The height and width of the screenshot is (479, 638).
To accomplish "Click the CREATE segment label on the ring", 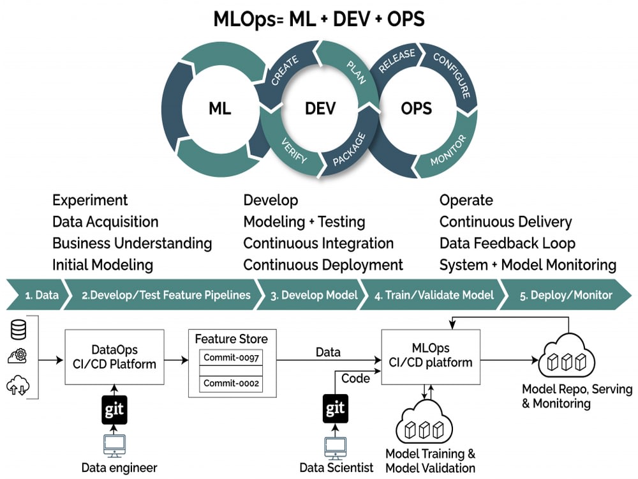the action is (x=285, y=70).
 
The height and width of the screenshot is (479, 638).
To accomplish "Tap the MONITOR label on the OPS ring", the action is (x=448, y=150).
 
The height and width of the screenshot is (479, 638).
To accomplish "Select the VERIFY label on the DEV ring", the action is (x=293, y=150).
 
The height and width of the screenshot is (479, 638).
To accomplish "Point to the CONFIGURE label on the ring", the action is (x=452, y=75).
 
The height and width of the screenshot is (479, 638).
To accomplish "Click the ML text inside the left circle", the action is (x=219, y=109).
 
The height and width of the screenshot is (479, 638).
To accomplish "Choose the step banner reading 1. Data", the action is (x=36, y=294).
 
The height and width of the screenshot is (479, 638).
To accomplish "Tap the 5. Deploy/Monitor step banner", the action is (x=565, y=294).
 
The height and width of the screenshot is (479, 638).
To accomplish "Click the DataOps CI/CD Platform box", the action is (x=114, y=357).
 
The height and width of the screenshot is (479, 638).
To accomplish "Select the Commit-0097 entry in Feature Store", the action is (x=231, y=358).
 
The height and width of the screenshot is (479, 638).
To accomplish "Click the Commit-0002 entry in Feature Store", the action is (x=231, y=383).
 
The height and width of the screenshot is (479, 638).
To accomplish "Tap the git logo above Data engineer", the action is (x=114, y=409).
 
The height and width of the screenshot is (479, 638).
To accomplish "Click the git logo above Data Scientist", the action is (x=336, y=408).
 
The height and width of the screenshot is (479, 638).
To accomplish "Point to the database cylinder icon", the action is (x=19, y=330).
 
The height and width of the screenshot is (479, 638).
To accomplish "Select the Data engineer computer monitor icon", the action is (x=114, y=446).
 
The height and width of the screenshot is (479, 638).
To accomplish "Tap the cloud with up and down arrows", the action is (x=18, y=385).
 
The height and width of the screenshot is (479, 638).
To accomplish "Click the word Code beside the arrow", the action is (x=355, y=378).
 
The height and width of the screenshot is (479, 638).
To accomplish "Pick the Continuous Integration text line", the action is (x=318, y=243).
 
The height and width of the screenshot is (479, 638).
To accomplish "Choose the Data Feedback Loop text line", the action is (x=507, y=243).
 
